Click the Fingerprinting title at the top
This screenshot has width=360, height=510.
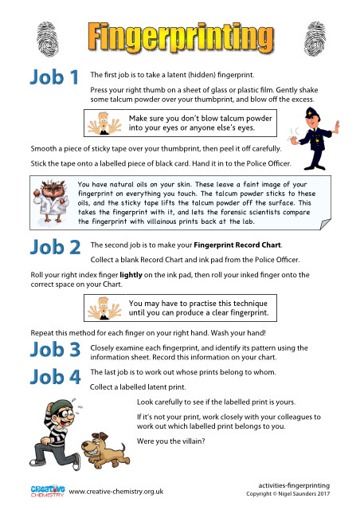click(x=177, y=36)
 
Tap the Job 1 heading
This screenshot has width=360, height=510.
click(x=54, y=78)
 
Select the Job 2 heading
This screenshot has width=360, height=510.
click(x=54, y=247)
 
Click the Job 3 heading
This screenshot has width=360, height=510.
click(x=54, y=349)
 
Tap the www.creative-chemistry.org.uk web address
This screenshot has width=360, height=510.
click(x=116, y=491)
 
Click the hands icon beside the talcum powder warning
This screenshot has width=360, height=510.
click(x=105, y=124)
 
